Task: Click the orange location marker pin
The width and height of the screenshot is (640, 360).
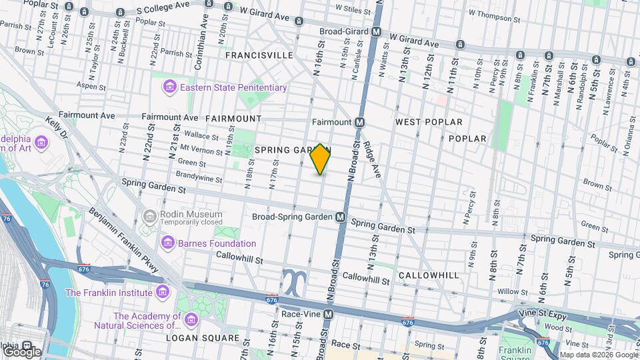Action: [321, 159]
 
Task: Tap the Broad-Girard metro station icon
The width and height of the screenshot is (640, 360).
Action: [377, 31]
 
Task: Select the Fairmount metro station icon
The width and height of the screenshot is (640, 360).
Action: [359, 122]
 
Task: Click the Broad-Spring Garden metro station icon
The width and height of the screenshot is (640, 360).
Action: [341, 217]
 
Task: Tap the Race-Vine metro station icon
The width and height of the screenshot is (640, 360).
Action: [328, 314]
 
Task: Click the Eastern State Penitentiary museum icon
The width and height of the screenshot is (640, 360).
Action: [169, 87]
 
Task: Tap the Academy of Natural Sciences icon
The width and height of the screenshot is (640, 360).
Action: [191, 321]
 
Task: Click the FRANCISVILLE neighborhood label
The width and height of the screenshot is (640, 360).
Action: [259, 55]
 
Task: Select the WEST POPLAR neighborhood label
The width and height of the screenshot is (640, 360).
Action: [429, 122]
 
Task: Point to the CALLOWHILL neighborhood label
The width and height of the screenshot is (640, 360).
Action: [429, 275]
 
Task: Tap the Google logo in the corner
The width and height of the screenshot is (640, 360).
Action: [21, 351]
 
